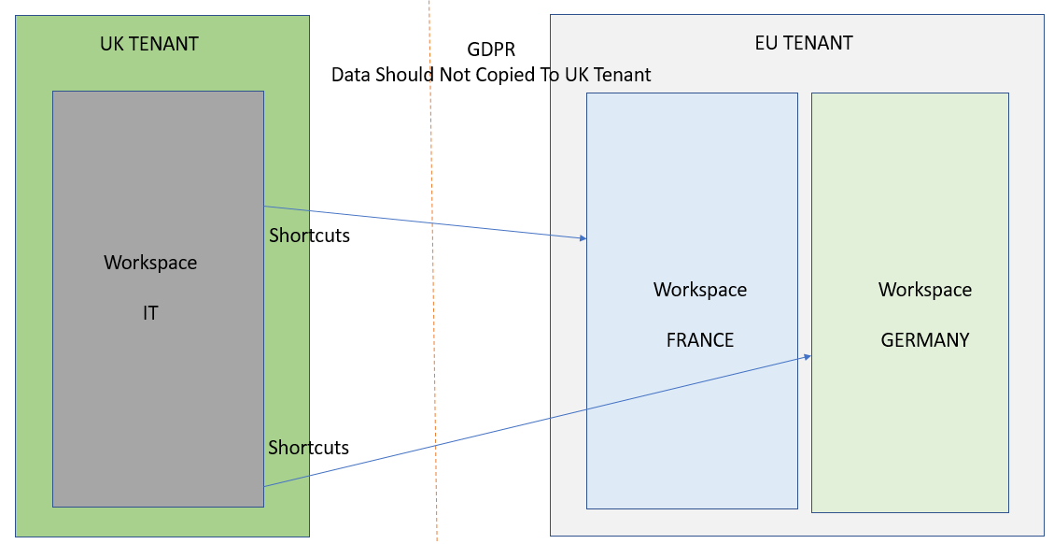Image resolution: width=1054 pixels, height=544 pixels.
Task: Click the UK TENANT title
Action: coord(149,44)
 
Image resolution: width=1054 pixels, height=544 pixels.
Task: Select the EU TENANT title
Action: coord(803,43)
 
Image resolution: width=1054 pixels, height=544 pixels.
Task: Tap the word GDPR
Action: coord(491,50)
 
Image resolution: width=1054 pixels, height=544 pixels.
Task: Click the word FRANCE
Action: coord(700,340)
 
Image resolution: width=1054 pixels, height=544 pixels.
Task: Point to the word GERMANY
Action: coord(925,340)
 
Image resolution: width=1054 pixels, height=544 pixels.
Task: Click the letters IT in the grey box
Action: coord(150,313)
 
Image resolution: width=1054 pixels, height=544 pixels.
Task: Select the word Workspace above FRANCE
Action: coord(700,290)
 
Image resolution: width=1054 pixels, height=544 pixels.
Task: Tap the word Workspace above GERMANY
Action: coord(925,290)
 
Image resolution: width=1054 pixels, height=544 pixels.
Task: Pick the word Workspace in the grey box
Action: coord(150,263)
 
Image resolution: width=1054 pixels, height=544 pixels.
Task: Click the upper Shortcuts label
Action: coord(309,236)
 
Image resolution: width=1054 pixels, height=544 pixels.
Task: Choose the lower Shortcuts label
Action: coord(308,448)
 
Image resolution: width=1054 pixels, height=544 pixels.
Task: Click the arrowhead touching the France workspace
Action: coord(583,238)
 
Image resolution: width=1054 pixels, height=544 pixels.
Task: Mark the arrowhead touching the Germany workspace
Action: coord(808,356)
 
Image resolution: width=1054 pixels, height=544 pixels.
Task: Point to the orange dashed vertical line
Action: coord(433,280)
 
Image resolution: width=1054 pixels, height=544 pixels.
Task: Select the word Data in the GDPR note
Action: coord(351,75)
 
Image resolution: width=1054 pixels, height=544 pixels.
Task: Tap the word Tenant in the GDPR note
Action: coord(623,75)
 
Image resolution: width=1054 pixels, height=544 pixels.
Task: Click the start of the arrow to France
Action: coord(265,207)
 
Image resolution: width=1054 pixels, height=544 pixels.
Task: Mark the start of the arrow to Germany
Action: coord(265,486)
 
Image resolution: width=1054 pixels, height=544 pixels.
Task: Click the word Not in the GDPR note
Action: coord(455,75)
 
